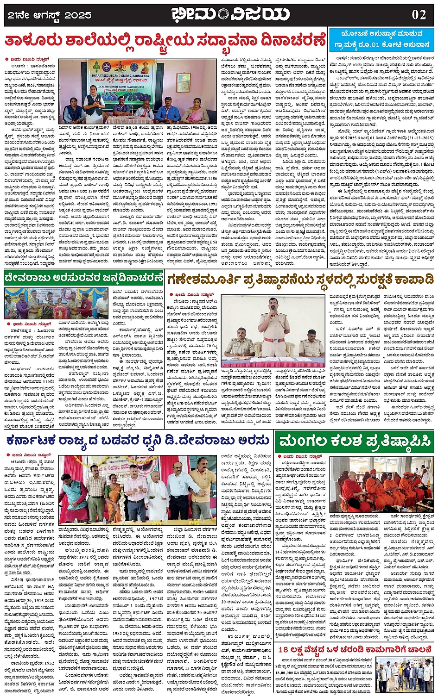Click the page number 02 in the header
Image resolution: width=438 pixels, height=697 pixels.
click(419, 14)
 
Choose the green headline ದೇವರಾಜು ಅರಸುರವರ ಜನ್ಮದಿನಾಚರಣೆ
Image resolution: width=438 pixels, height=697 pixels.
click(83, 278)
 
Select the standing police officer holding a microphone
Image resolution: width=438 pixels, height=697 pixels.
click(273, 324)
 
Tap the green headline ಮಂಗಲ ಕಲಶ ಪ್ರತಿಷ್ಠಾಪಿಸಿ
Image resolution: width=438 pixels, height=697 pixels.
click(355, 441)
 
